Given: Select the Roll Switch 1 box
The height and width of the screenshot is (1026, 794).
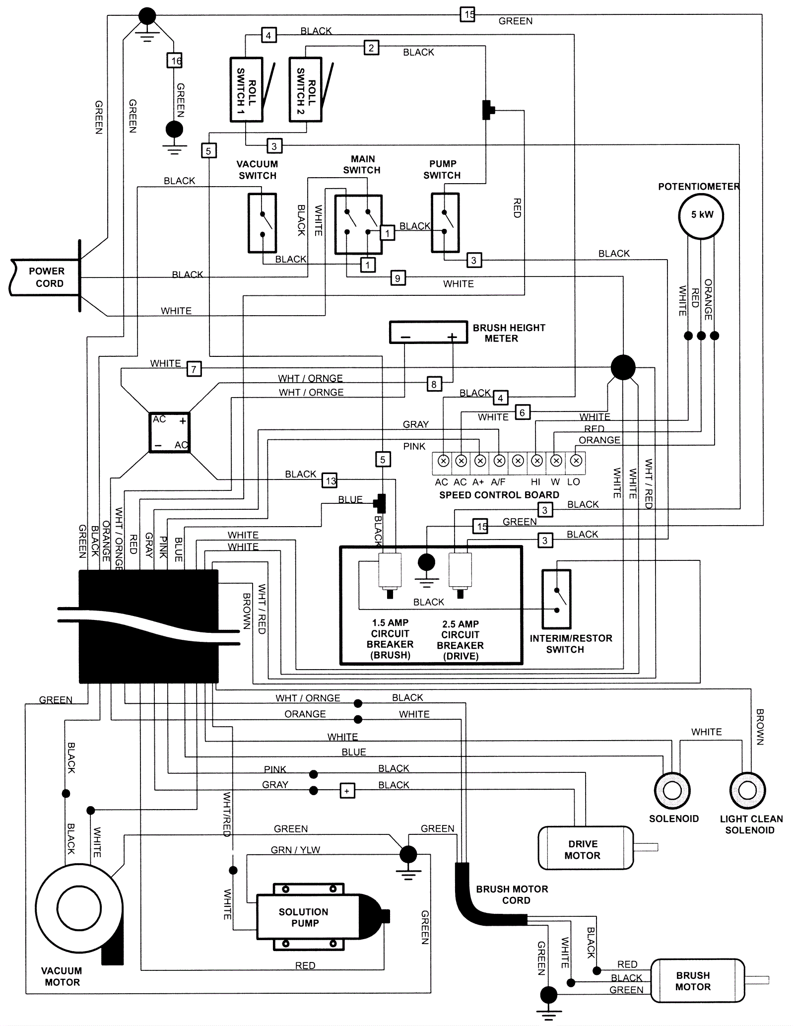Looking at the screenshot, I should [x=246, y=90].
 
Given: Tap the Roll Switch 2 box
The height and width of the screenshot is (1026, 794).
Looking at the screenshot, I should [x=305, y=90].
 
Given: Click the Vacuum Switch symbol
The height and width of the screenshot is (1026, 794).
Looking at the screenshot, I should [x=262, y=223].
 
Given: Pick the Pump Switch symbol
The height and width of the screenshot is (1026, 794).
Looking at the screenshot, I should [x=445, y=223].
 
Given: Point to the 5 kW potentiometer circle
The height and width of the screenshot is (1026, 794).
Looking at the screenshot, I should [x=701, y=215].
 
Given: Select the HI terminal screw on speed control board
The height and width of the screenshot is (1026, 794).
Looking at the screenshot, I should [x=536, y=461].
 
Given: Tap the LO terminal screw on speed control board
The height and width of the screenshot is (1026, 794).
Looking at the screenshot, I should [x=576, y=461].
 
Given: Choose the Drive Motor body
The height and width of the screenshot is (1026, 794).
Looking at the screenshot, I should [x=586, y=848].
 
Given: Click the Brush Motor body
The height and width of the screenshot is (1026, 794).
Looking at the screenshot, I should [x=697, y=981].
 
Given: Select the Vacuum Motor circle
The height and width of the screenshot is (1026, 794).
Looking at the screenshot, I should [x=79, y=909].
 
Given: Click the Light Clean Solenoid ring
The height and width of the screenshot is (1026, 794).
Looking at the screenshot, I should [x=747, y=791].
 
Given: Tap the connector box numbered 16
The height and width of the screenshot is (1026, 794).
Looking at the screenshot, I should [x=174, y=61].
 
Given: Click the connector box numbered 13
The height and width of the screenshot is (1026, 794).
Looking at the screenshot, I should [x=330, y=480].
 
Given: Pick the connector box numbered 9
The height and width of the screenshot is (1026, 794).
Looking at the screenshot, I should [x=397, y=278].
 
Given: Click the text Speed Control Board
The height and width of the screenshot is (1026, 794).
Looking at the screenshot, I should [x=499, y=495].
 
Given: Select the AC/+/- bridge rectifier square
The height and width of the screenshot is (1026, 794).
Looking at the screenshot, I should [x=170, y=432].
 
